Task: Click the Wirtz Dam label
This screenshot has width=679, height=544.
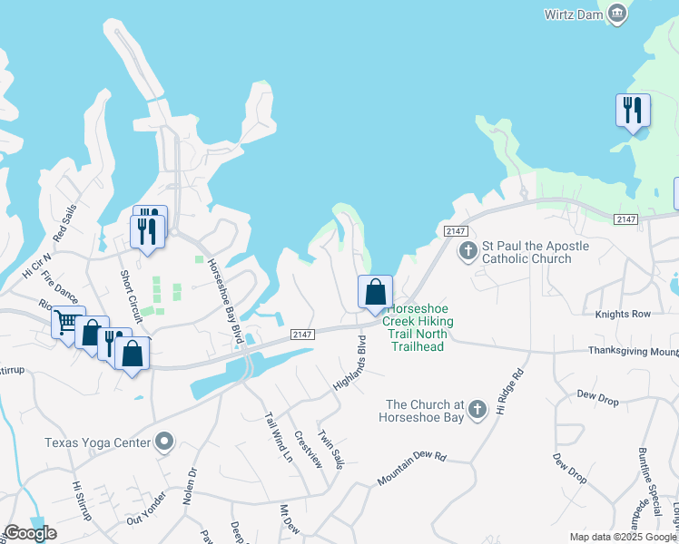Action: [573, 14]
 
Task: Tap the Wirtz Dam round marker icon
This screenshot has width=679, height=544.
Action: [617, 13]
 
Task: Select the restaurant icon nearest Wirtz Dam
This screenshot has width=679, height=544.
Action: [632, 111]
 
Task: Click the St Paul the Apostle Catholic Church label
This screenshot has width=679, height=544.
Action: [535, 252]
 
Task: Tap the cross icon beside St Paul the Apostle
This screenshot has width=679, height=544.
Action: [468, 250]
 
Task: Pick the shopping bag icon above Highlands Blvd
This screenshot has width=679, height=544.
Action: [375, 293]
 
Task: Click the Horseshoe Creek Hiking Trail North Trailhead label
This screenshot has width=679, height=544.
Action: [418, 328]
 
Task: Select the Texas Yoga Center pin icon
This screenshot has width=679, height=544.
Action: [164, 442]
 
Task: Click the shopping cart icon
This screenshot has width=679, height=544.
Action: [66, 322]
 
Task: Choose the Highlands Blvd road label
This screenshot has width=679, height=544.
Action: [350, 363]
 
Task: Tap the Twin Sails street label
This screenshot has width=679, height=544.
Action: [331, 449]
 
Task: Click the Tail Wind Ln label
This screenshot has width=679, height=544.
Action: [278, 438]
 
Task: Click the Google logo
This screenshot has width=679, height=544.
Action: [30, 533]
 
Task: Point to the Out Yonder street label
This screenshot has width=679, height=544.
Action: [146, 506]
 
